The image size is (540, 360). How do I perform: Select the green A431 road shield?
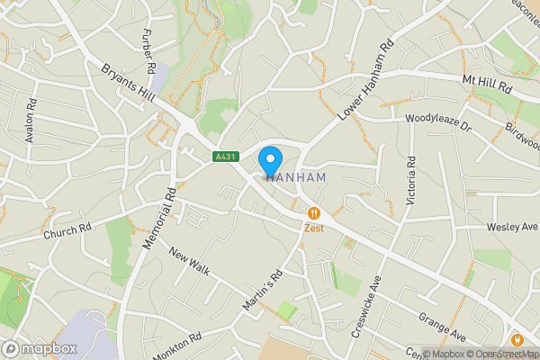[226, 157]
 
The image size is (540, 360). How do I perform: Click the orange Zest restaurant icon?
[313, 213]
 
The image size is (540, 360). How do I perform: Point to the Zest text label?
[313, 229]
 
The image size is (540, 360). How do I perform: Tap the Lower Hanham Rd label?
[366, 82]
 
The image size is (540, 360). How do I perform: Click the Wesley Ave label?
[512, 227]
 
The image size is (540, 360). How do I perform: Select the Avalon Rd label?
[31, 119]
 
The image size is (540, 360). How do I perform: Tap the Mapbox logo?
[40, 348]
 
